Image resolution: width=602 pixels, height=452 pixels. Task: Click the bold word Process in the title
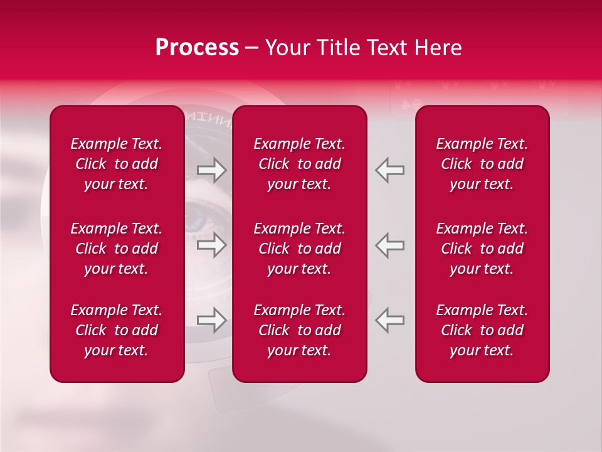coord(197,48)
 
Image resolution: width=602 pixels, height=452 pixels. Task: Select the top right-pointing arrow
coord(211,170)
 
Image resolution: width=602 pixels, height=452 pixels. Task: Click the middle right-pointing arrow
coord(211,245)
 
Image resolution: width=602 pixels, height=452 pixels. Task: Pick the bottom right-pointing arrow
coord(211,320)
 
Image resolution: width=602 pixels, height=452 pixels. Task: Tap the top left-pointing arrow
coord(389,170)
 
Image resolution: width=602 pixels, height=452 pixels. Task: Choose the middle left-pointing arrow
coord(389,245)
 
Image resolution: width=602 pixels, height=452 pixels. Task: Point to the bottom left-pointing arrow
coord(389,320)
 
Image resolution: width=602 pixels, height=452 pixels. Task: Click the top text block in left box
coord(117,164)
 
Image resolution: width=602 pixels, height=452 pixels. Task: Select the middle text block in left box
coord(117,249)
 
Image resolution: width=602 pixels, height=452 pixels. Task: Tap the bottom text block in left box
coord(117,330)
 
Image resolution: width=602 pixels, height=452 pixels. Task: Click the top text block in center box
coord(299,164)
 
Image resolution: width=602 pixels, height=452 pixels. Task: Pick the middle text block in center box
coord(299,249)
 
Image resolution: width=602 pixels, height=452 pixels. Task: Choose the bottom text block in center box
coord(299,330)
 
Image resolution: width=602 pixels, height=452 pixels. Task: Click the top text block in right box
coord(482,164)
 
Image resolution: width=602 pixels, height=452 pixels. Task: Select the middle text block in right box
coord(482,249)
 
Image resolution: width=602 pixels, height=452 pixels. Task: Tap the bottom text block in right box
coord(482,330)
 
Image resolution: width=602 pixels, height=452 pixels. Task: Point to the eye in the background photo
coord(199,220)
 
